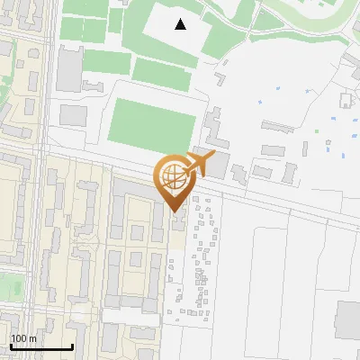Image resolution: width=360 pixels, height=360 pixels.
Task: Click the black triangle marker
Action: [181, 24]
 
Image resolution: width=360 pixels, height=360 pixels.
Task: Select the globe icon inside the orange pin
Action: [174, 178]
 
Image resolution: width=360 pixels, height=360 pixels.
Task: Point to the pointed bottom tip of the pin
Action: [175, 210]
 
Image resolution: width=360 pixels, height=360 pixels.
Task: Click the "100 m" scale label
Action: [23, 338]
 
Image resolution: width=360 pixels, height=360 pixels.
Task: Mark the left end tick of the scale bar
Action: [11, 346]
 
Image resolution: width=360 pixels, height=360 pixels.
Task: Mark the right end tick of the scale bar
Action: [72, 346]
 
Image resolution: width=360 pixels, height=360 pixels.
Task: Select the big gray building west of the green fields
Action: [70, 69]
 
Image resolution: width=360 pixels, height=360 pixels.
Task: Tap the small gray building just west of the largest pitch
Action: [74, 115]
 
